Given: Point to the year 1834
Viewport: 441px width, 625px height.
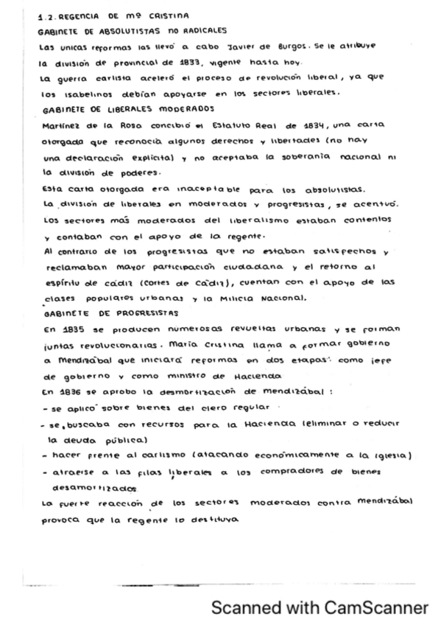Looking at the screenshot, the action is coord(308,125).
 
